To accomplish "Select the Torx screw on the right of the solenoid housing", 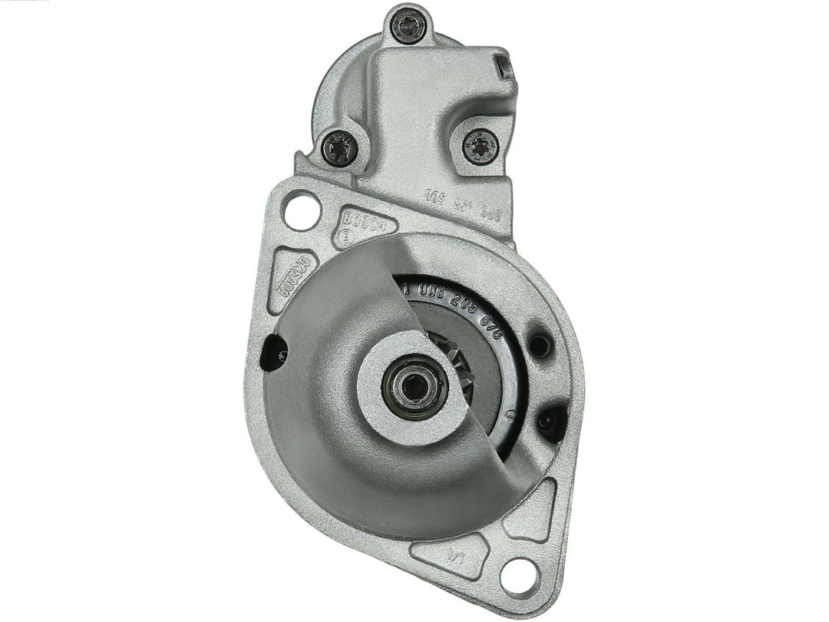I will [480, 144].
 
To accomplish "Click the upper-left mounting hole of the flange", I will [300, 210].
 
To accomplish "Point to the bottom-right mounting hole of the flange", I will [520, 571].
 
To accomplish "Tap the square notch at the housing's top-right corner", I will [503, 65].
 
